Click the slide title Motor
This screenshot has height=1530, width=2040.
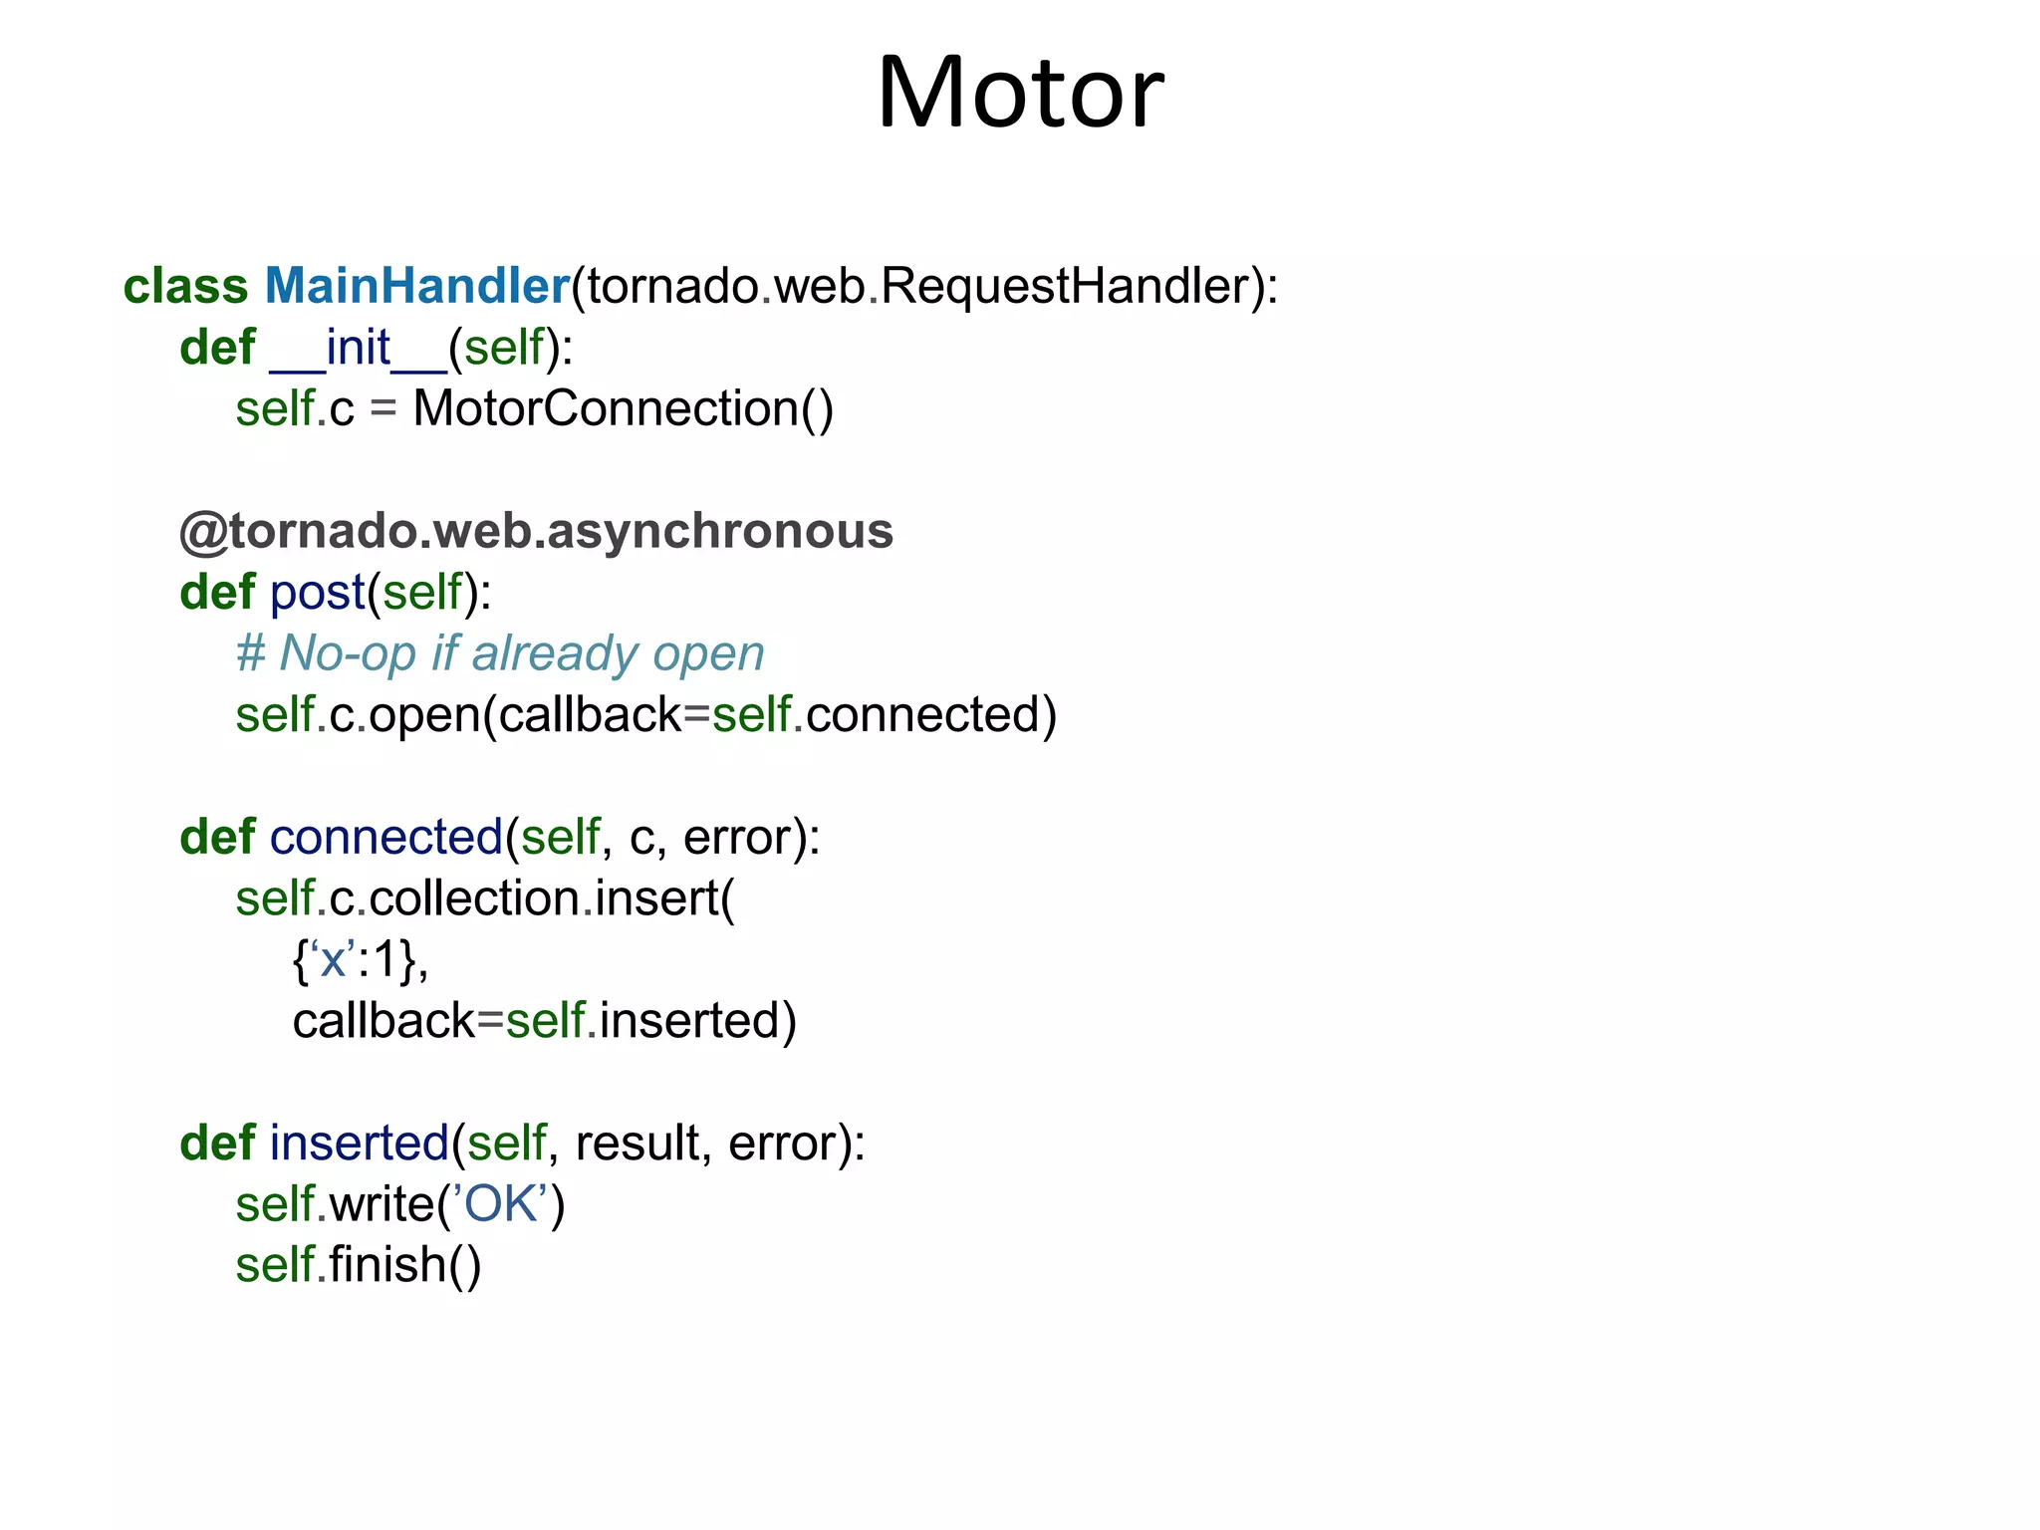click(x=1020, y=93)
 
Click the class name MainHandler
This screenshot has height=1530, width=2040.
click(x=416, y=286)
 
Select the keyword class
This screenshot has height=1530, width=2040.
click(x=185, y=286)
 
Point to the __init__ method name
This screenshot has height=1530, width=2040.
click(x=359, y=348)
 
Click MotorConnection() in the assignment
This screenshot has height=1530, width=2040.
click(x=623, y=408)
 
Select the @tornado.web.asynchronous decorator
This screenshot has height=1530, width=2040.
click(x=536, y=531)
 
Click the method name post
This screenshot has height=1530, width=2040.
click(x=318, y=593)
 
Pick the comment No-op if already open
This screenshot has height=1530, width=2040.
click(x=500, y=653)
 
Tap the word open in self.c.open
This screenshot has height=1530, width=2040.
click(x=424, y=715)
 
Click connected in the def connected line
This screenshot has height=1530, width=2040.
click(x=385, y=837)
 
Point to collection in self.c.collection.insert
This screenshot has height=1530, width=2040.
click(x=475, y=898)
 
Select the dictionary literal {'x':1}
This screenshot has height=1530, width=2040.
click(x=361, y=960)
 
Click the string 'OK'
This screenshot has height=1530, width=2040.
click(x=500, y=1204)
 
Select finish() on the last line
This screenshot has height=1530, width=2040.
click(x=405, y=1265)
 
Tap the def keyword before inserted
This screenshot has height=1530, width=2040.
click(x=217, y=1143)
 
